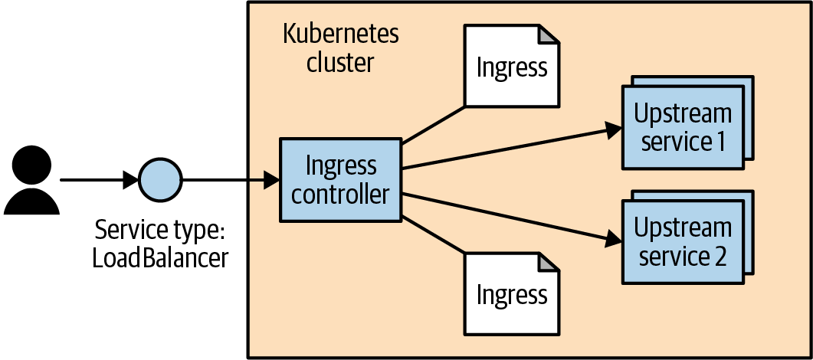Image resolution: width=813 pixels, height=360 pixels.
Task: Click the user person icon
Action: point(31,182)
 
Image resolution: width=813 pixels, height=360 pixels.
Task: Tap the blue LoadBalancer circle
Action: point(160,182)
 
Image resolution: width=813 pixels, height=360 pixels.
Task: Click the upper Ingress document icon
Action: point(511,66)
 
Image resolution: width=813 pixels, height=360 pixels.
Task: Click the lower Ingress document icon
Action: point(511,294)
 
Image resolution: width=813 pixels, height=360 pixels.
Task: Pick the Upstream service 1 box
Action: point(683,126)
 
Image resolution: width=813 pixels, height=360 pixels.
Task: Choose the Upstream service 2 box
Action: point(683,241)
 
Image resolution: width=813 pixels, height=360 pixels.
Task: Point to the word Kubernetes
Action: point(340,34)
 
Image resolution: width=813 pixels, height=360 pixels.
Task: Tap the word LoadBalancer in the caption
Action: point(160,257)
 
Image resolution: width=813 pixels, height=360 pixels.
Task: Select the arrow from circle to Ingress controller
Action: point(230,182)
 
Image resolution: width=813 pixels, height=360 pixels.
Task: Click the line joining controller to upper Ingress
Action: point(434,124)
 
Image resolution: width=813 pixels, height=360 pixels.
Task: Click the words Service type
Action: point(160,230)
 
